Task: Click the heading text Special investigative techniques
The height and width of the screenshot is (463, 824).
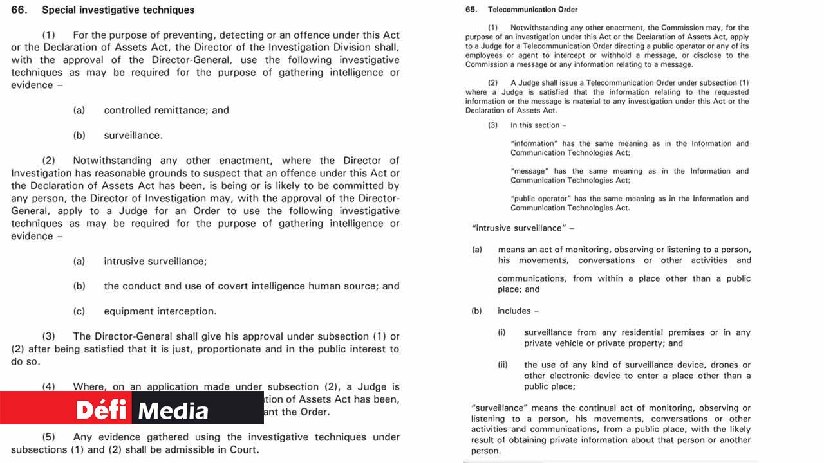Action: coord(118,10)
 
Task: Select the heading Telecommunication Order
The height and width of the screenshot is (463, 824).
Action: coord(532,10)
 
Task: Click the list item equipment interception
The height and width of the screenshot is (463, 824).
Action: coord(160,311)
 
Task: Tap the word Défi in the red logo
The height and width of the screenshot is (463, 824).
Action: coord(104,410)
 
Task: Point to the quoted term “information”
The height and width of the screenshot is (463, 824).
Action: coord(534,144)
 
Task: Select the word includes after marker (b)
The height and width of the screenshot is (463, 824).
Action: coord(514,311)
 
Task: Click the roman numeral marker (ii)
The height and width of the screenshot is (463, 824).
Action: coord(502,365)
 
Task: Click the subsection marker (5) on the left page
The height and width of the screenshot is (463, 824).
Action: coord(49,437)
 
